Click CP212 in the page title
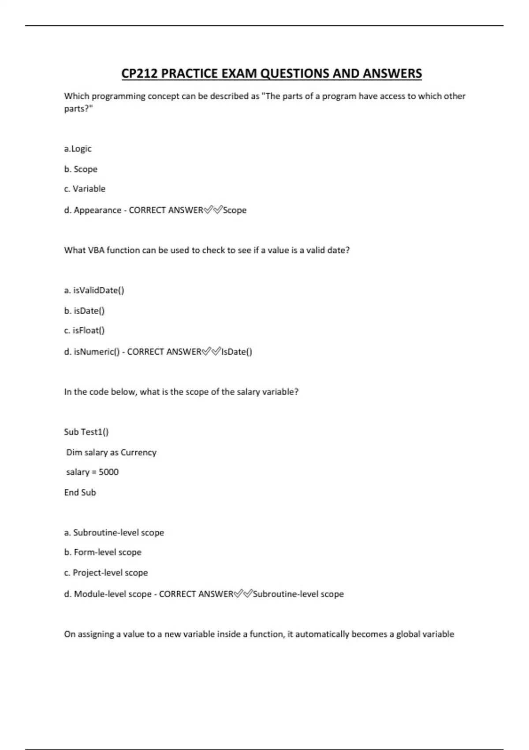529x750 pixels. click(139, 74)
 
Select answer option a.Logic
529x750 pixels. click(78, 149)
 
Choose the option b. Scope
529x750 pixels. click(81, 169)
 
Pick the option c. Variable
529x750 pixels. click(85, 189)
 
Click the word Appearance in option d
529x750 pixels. click(97, 210)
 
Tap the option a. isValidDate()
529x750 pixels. click(94, 290)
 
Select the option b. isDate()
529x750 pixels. click(84, 311)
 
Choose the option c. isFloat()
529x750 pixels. click(84, 330)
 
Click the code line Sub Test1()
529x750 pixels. click(86, 432)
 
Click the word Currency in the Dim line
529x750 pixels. click(138, 452)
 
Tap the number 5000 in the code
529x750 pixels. click(108, 472)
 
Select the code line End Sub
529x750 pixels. click(80, 492)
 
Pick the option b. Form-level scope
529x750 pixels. click(103, 552)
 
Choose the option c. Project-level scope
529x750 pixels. click(106, 573)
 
